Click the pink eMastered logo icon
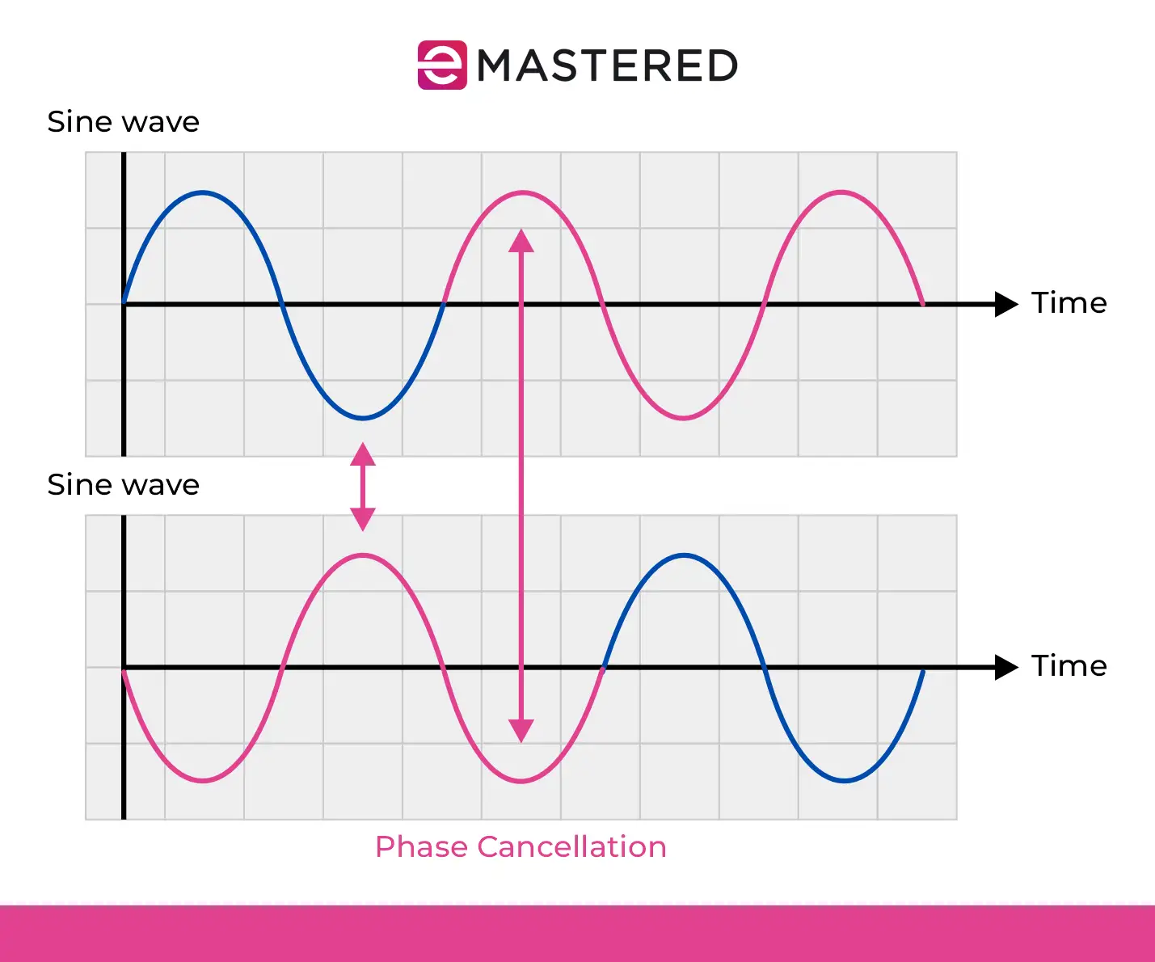[442, 65]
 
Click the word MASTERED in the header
[607, 65]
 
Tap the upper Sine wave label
[124, 121]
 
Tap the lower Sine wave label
[124, 484]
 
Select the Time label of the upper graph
[1069, 302]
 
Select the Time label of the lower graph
[1069, 665]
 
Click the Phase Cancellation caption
[521, 847]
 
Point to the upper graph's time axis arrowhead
[1006, 304]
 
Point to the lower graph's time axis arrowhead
[1006, 667]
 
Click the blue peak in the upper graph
[203, 193]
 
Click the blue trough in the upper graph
[363, 417]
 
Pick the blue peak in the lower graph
[685, 555]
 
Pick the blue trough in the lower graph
[845, 780]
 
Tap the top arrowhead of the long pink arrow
[521, 241]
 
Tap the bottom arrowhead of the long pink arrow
[521, 731]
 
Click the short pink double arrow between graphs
[363, 487]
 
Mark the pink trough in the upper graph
[684, 417]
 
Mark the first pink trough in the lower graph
[203, 780]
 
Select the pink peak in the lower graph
[363, 555]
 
